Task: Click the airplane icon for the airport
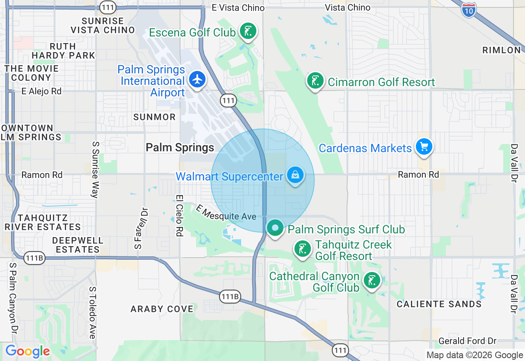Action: (x=198, y=79)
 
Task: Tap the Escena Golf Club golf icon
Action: (x=248, y=31)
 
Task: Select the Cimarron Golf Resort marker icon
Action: (x=315, y=81)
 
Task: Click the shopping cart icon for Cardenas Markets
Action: (x=424, y=146)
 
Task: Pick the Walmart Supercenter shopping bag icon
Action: (x=295, y=175)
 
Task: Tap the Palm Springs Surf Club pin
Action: (x=275, y=228)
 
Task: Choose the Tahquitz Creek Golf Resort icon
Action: (x=303, y=249)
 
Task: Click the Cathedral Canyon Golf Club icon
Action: (x=372, y=281)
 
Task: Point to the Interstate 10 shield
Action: (x=468, y=9)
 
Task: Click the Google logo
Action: (x=27, y=351)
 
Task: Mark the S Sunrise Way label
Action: (x=95, y=170)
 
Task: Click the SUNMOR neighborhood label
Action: (x=154, y=117)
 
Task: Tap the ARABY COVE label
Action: (x=162, y=309)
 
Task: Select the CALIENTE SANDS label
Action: (x=439, y=304)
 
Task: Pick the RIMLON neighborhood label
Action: (x=501, y=50)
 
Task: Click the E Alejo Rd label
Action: (x=41, y=91)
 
